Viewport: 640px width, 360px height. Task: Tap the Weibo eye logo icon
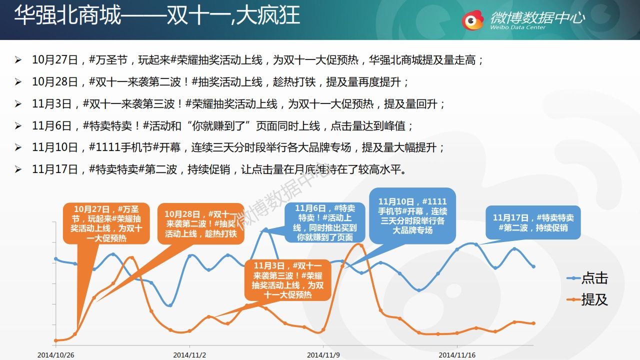pos(472,20)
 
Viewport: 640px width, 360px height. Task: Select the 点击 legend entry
pos(588,278)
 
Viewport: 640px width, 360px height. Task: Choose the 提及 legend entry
pos(588,299)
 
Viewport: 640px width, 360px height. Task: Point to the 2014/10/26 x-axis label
pos(56,354)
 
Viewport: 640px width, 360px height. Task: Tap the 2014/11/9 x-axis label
pos(323,354)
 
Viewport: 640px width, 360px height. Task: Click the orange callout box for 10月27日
pos(106,223)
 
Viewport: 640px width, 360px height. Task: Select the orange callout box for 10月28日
pos(200,223)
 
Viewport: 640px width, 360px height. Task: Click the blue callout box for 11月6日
pos(325,222)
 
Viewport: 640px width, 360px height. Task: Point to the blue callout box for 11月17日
pos(533,222)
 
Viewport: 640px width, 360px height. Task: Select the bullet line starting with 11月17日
pos(218,169)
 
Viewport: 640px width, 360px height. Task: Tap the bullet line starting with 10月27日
pos(257,60)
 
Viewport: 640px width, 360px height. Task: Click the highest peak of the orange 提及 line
pos(360,244)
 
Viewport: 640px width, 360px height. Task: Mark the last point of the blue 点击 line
pos(533,266)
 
